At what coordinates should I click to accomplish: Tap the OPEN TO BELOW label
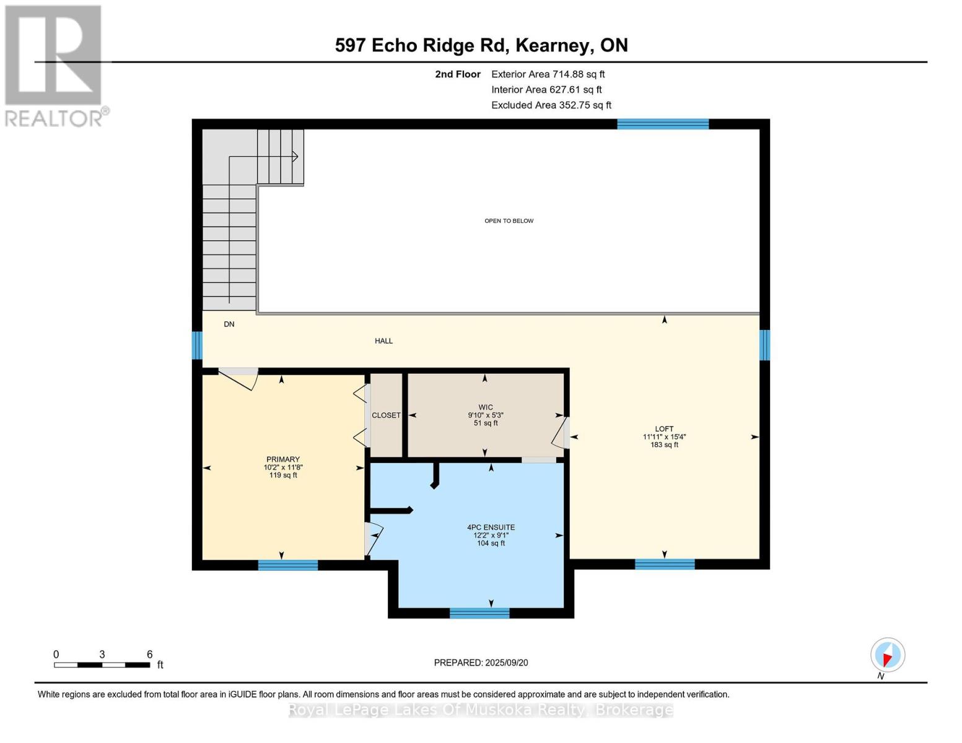click(509, 221)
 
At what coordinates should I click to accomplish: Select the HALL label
click(383, 341)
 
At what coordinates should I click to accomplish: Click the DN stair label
click(229, 324)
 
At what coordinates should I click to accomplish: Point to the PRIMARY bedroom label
click(283, 459)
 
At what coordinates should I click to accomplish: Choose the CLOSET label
click(386, 415)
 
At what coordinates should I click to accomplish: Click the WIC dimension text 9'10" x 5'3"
click(486, 415)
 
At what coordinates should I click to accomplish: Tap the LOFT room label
click(664, 429)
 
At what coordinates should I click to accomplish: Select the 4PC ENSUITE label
click(491, 528)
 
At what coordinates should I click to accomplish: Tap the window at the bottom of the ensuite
click(479, 613)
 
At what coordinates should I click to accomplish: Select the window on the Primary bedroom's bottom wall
click(288, 565)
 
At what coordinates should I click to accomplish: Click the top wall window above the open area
click(663, 124)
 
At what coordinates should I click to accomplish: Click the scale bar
click(102, 665)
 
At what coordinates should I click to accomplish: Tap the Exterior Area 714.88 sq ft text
click(548, 74)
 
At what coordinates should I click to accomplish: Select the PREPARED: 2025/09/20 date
click(481, 663)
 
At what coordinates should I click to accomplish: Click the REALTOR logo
click(54, 65)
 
